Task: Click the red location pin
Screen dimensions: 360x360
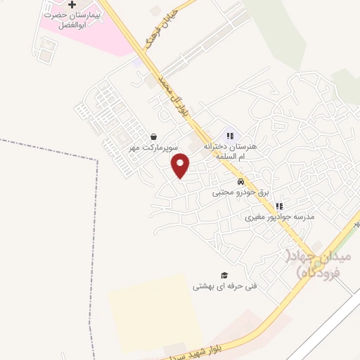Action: click(x=181, y=165)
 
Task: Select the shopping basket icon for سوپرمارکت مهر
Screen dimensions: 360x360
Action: click(x=153, y=136)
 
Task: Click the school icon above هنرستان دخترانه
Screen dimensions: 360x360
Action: click(x=229, y=136)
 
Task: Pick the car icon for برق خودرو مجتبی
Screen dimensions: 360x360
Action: click(x=241, y=181)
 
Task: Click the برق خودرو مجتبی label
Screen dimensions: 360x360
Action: click(x=241, y=192)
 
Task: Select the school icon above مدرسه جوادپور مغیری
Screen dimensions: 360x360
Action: click(x=278, y=207)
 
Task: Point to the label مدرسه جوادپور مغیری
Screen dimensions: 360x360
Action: click(x=279, y=217)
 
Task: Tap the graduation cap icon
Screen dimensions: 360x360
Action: click(x=224, y=276)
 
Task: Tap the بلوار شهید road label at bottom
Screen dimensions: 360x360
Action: click(x=203, y=349)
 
